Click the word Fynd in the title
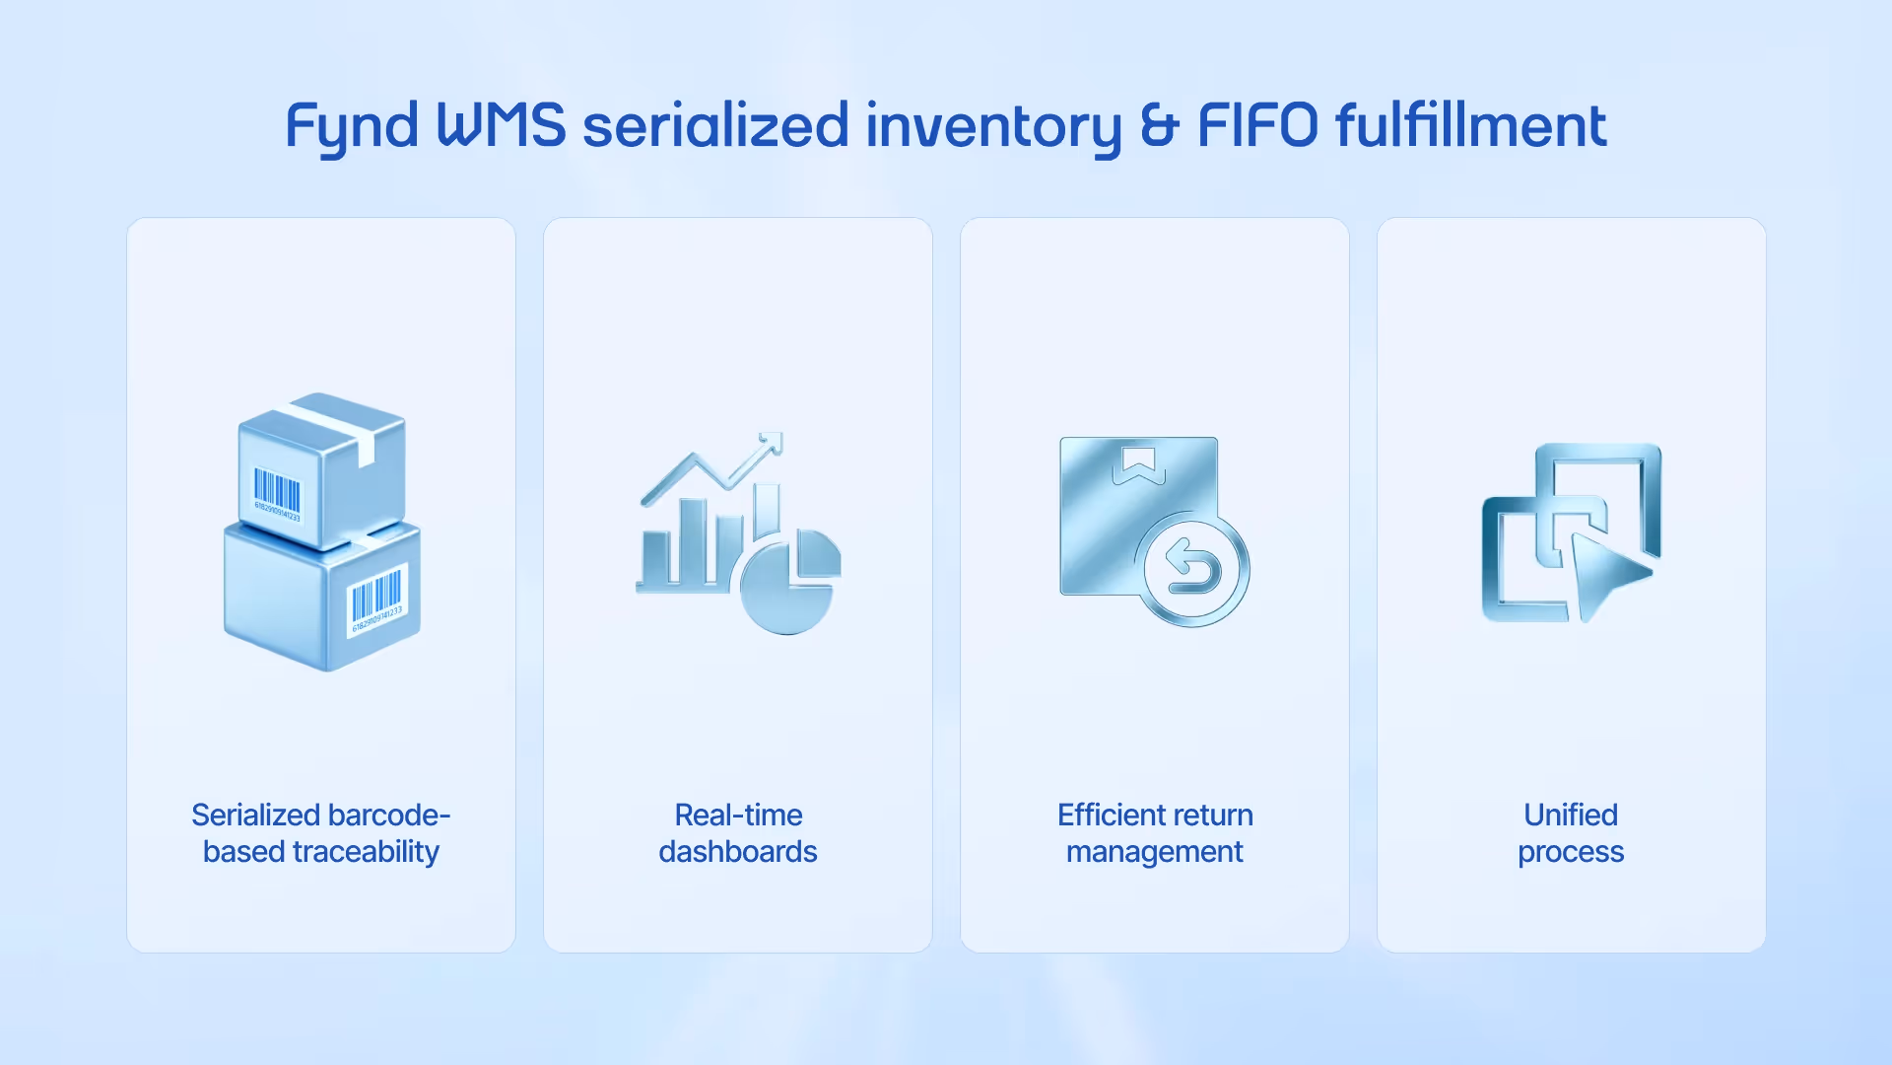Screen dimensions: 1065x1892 tap(352, 126)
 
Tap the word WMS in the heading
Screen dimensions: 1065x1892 tap(501, 125)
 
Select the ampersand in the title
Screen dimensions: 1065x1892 tap(1159, 125)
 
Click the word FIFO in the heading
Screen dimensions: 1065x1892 tap(1257, 125)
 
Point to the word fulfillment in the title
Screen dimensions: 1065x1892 tap(1470, 125)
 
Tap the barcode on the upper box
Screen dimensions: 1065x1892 tap(277, 492)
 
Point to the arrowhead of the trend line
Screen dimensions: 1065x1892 tap(771, 443)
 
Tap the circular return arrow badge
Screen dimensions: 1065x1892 tap(1193, 569)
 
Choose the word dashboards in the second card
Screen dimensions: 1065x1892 tap(738, 851)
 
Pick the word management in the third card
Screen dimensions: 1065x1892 tap(1155, 852)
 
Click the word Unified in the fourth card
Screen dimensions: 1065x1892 tap(1571, 815)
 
